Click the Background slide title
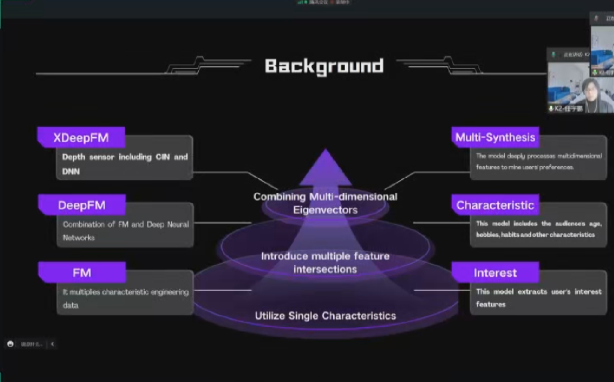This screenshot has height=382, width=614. pyautogui.click(x=324, y=66)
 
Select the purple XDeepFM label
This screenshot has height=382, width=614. pyautogui.click(x=81, y=137)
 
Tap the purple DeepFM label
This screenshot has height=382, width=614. pyautogui.click(x=82, y=205)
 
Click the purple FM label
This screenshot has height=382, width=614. pyautogui.click(x=82, y=272)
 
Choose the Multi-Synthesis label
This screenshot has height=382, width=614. pyautogui.click(x=495, y=137)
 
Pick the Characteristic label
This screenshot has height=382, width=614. pyautogui.click(x=495, y=205)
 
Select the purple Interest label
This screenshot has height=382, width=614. pyautogui.click(x=495, y=273)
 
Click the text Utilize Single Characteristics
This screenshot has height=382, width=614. pyautogui.click(x=325, y=316)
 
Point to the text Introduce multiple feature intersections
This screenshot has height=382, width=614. pyautogui.click(x=325, y=262)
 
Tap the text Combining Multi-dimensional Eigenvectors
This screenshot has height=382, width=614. pyautogui.click(x=325, y=203)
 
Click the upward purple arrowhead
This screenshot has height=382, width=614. pyautogui.click(x=325, y=167)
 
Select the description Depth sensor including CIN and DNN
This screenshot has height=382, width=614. pyautogui.click(x=125, y=163)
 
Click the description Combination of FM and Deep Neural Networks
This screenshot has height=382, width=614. pyautogui.click(x=125, y=230)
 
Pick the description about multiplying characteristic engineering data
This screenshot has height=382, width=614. pyautogui.click(x=125, y=298)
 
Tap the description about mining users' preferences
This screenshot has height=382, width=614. pyautogui.click(x=538, y=161)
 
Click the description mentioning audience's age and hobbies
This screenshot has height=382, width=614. pyautogui.click(x=538, y=229)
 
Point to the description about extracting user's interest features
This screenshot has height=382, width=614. pyautogui.click(x=538, y=297)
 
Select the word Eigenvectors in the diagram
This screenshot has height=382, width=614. pyautogui.click(x=325, y=209)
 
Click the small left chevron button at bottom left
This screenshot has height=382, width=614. pyautogui.click(x=52, y=344)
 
